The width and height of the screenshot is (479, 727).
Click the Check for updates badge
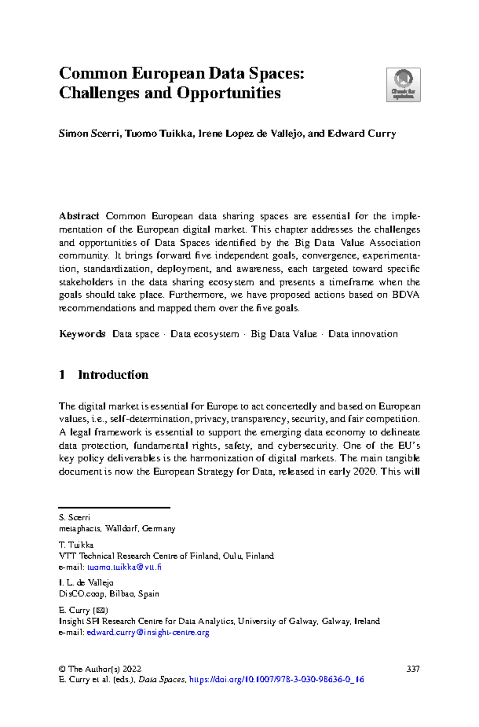click(x=403, y=85)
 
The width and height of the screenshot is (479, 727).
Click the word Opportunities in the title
click(x=229, y=93)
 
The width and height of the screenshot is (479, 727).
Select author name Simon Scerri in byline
click(x=89, y=133)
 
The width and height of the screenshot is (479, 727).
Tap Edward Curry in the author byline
click(x=362, y=133)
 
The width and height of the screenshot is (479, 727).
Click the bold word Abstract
click(x=79, y=216)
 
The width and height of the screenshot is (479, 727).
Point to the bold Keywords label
click(x=82, y=334)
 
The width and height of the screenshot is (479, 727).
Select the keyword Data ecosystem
click(x=205, y=334)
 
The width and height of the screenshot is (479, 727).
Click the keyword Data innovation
click(x=363, y=334)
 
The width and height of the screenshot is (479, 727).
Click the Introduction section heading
click(x=113, y=375)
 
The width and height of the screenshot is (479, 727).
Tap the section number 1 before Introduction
click(x=62, y=375)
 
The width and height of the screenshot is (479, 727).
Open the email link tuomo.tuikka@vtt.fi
click(x=124, y=567)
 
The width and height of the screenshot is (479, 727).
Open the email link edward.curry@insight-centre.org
click(x=148, y=632)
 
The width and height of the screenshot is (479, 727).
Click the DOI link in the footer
click(x=276, y=679)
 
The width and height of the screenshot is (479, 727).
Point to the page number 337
click(x=413, y=669)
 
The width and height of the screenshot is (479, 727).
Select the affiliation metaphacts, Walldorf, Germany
click(x=117, y=528)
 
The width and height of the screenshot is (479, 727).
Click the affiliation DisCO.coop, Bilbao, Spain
click(x=109, y=594)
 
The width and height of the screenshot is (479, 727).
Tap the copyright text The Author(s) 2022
click(x=105, y=669)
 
